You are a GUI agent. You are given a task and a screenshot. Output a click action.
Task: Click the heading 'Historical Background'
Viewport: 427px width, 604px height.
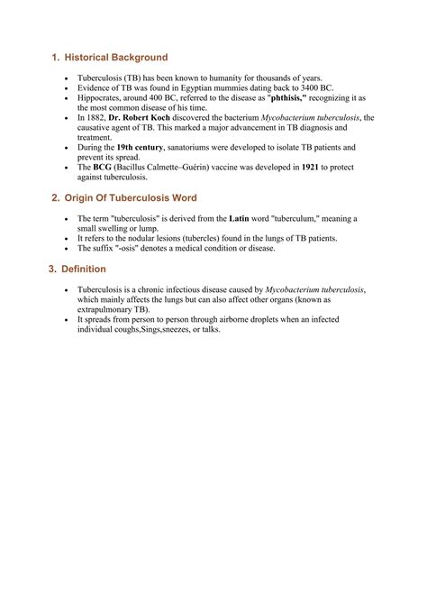116,58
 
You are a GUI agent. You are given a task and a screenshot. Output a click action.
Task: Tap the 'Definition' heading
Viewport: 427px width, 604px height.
86,269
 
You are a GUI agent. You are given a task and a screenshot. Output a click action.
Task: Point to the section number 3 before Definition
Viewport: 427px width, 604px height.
52,269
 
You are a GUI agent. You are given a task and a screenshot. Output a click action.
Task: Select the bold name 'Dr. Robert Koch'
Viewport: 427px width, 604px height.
139,117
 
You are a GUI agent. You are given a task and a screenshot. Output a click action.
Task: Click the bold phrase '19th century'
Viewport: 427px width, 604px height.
144,146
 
